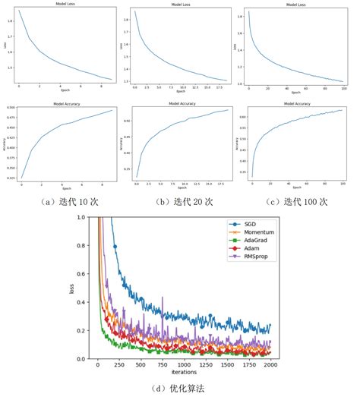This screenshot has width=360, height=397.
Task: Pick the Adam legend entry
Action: pyautogui.click(x=247, y=257)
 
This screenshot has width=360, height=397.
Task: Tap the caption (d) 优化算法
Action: pyautogui.click(x=180, y=388)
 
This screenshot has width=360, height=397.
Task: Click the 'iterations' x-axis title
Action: pyautogui.click(x=184, y=372)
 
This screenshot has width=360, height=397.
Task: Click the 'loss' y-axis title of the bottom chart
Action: pyautogui.click(x=71, y=288)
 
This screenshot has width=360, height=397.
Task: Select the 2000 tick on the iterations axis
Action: pyautogui.click(x=270, y=364)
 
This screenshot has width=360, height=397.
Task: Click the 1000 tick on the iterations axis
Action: pyautogui.click(x=184, y=364)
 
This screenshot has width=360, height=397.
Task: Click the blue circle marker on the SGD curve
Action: pyautogui.click(x=115, y=247)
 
